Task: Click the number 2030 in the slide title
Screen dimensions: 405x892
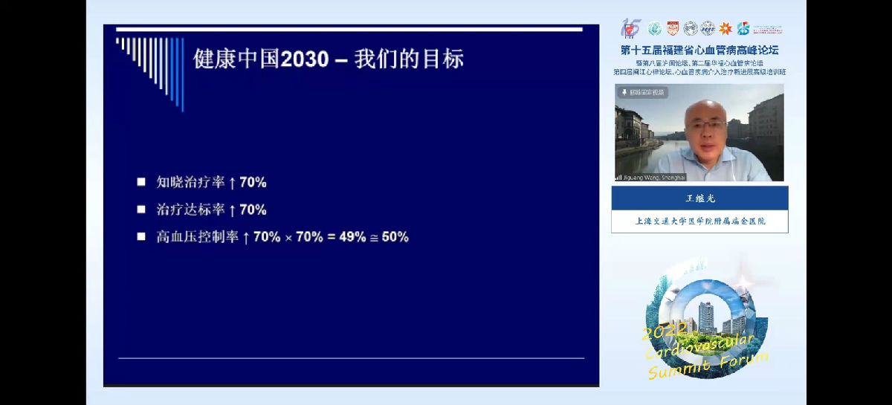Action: click(305, 59)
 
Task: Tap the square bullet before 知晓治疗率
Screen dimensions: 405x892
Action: click(141, 181)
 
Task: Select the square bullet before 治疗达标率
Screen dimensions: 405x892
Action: click(141, 210)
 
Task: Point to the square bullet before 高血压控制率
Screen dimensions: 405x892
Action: click(141, 237)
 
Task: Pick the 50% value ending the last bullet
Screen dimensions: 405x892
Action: click(395, 237)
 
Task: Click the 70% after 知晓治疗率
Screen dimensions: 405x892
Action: click(253, 181)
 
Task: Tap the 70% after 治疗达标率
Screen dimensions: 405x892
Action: click(253, 210)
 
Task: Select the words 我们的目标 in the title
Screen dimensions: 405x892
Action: click(410, 59)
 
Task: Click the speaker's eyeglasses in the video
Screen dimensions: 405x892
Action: click(706, 126)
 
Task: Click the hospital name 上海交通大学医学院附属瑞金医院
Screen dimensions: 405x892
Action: click(699, 221)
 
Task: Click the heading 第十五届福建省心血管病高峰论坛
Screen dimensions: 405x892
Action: click(699, 51)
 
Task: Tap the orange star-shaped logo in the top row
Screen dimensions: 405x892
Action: click(725, 29)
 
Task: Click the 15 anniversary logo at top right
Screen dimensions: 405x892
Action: click(631, 28)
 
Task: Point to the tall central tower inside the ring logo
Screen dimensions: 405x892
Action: click(706, 318)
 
